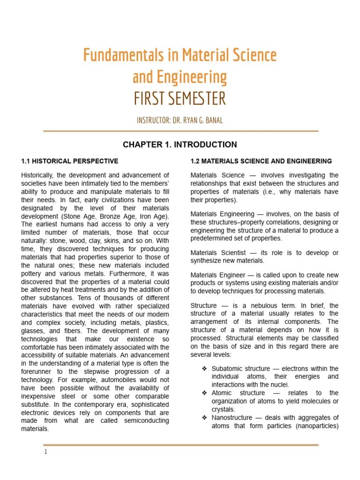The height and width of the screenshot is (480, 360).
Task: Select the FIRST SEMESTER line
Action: (x=180, y=99)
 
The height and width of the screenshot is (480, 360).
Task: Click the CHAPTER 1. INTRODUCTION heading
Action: (x=180, y=144)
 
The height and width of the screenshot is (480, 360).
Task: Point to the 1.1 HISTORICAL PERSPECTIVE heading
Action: (x=70, y=161)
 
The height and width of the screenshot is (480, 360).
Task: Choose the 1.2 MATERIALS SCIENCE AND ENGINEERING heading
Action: (x=261, y=161)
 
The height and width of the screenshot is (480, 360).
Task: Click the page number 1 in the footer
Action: (x=45, y=452)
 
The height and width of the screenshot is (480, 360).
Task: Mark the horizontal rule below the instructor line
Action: (x=181, y=131)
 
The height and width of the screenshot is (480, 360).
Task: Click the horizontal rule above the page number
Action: (x=181, y=445)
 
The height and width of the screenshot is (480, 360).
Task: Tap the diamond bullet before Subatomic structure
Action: (x=204, y=368)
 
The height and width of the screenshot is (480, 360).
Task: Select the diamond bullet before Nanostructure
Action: (x=204, y=418)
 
